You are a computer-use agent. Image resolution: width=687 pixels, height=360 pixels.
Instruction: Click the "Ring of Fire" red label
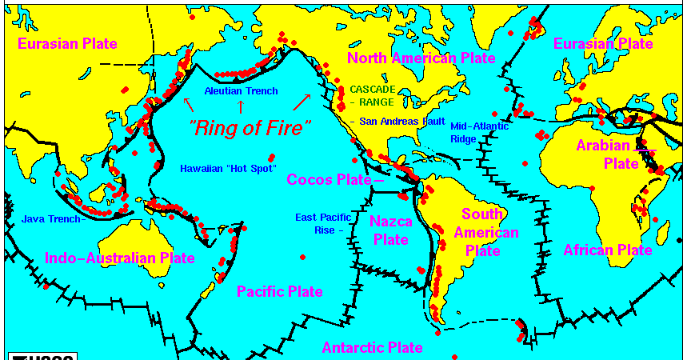coord(249,126)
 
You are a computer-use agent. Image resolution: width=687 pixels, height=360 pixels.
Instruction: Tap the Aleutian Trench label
coord(241,91)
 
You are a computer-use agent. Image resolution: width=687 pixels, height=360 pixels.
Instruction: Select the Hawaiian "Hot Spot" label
coord(228,169)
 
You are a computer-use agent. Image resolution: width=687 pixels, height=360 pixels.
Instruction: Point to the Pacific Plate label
coord(280,291)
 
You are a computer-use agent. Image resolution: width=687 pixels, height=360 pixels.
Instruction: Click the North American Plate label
coord(421,58)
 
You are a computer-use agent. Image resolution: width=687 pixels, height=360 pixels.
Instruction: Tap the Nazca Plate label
coord(390,228)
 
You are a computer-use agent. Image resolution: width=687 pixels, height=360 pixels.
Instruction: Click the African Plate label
coord(608,250)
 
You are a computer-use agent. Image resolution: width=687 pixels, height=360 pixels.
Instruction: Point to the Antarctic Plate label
coord(372,347)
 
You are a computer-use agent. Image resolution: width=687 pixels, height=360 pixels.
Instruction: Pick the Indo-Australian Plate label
coord(120,258)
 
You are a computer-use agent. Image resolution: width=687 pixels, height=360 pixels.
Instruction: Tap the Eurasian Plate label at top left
coord(69,43)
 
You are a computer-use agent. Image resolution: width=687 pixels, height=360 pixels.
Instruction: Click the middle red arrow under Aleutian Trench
coord(239,104)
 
